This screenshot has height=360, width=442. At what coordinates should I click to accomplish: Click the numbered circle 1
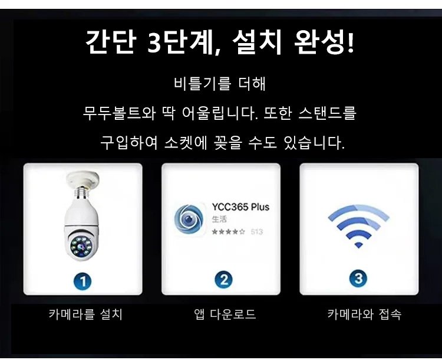pyautogui.click(x=83, y=281)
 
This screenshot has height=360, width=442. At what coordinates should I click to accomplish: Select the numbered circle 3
pyautogui.click(x=358, y=278)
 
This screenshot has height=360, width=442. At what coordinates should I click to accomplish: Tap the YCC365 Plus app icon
pyautogui.click(x=189, y=220)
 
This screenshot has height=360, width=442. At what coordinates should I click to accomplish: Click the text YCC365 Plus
pyautogui.click(x=240, y=207)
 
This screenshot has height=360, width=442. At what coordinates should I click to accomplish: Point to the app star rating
pyautogui.click(x=228, y=232)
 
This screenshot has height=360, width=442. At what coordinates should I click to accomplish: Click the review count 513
pyautogui.click(x=257, y=232)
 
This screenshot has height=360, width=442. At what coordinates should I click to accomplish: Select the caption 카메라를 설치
pyautogui.click(x=85, y=314)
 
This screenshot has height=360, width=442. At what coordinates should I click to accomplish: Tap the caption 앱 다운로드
pyautogui.click(x=225, y=314)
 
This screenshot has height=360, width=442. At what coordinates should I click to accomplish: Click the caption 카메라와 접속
pyautogui.click(x=364, y=314)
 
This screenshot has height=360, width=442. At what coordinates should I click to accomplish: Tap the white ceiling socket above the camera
pyautogui.click(x=83, y=178)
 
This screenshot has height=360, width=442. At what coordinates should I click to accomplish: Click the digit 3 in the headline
pyautogui.click(x=154, y=42)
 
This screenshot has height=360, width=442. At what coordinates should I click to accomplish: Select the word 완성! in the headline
pyautogui.click(x=324, y=42)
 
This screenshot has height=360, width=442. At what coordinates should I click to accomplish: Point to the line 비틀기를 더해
pyautogui.click(x=220, y=84)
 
